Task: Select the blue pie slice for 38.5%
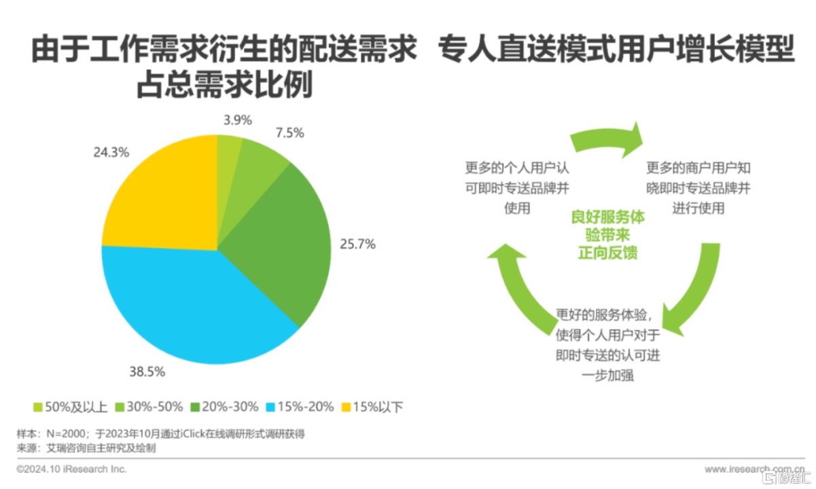(x=197, y=306)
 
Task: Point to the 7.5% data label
(x=290, y=133)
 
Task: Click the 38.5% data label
(x=146, y=372)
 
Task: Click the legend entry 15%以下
(x=373, y=407)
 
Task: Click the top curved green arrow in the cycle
(x=607, y=139)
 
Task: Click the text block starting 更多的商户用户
(x=698, y=187)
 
